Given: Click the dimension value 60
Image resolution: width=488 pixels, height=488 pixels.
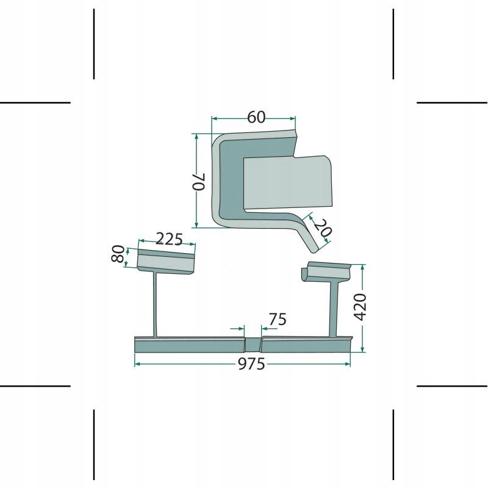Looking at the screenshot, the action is click(x=257, y=118).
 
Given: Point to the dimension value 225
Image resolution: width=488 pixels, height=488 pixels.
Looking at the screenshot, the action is click(x=169, y=239).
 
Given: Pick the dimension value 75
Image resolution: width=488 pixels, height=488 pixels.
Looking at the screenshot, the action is click(x=277, y=319).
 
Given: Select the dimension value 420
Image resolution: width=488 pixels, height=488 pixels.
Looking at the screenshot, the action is click(x=359, y=307).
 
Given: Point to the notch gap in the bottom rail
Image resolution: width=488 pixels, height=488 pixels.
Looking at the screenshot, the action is click(x=253, y=344).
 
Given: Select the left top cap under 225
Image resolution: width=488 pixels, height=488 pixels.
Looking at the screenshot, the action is click(x=165, y=260).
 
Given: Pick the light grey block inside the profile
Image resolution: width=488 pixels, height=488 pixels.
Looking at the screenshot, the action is click(x=287, y=182).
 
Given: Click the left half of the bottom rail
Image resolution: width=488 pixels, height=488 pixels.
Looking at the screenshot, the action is click(x=189, y=344).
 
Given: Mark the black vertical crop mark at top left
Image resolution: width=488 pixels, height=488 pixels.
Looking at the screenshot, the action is click(x=94, y=44).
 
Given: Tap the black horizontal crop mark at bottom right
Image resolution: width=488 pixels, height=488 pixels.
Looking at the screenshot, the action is click(x=452, y=386).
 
